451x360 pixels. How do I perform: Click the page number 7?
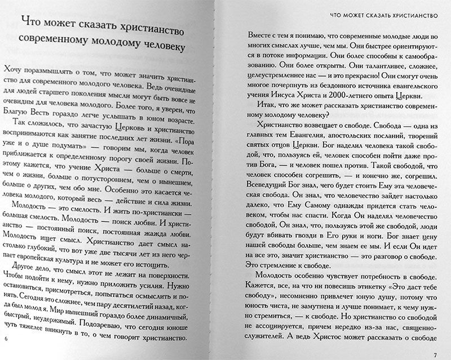pyautogui.click(x=435, y=354)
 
